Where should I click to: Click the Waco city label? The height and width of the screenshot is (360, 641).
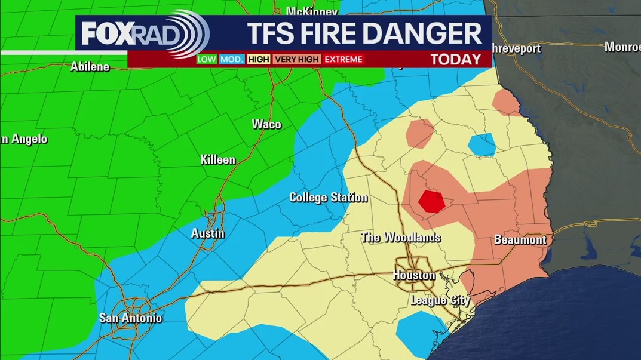266,124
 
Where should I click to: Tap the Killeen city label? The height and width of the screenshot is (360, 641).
217,160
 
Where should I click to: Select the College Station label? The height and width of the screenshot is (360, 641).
328,198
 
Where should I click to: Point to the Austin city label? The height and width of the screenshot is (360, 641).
207,233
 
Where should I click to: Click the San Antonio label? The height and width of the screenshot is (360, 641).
130,318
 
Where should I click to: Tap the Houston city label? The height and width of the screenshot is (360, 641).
414,275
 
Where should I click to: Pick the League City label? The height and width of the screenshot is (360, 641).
440,300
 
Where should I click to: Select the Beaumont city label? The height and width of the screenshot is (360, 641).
520,240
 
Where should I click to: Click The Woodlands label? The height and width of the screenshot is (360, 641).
400,238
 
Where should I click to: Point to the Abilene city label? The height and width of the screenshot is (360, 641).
90,67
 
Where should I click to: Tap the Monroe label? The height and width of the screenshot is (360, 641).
622,47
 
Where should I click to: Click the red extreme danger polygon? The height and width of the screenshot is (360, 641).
431,201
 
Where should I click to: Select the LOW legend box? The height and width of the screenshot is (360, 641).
207,59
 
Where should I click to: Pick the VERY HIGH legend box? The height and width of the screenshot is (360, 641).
296,59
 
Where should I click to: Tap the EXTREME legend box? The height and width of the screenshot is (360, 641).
343,59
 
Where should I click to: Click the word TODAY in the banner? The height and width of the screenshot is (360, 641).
455,59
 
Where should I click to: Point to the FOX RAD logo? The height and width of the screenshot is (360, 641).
143,33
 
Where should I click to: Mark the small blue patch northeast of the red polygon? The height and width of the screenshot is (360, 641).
481,144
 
